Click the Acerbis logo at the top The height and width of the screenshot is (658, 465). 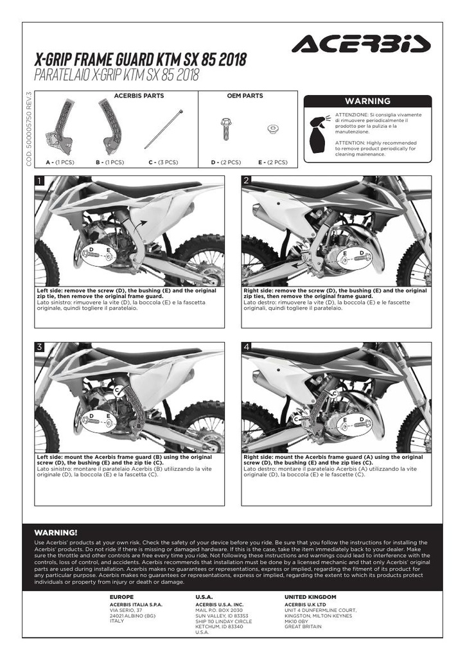[361, 44]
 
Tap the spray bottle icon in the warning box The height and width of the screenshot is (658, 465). [319, 135]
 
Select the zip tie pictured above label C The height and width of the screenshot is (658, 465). [164, 129]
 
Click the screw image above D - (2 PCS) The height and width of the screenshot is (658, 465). [226, 129]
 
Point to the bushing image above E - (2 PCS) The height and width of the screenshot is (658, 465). [273, 129]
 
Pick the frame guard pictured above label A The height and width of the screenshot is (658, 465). [61, 126]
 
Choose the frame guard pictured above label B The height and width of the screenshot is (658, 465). [110, 126]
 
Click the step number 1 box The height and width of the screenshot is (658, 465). [39, 181]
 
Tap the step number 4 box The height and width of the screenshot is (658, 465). [247, 347]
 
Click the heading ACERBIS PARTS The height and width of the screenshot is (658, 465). [139, 96]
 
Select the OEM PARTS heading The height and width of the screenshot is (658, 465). [245, 96]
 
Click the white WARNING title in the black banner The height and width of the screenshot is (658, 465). [367, 101]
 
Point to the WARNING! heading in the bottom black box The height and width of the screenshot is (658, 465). [56, 533]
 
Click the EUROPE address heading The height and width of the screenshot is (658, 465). [121, 597]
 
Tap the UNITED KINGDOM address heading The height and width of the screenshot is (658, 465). [310, 597]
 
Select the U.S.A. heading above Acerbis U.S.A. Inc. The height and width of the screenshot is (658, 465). [204, 597]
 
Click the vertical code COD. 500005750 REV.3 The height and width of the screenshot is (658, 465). [29, 129]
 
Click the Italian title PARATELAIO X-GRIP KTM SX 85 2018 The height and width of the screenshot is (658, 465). [116, 75]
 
